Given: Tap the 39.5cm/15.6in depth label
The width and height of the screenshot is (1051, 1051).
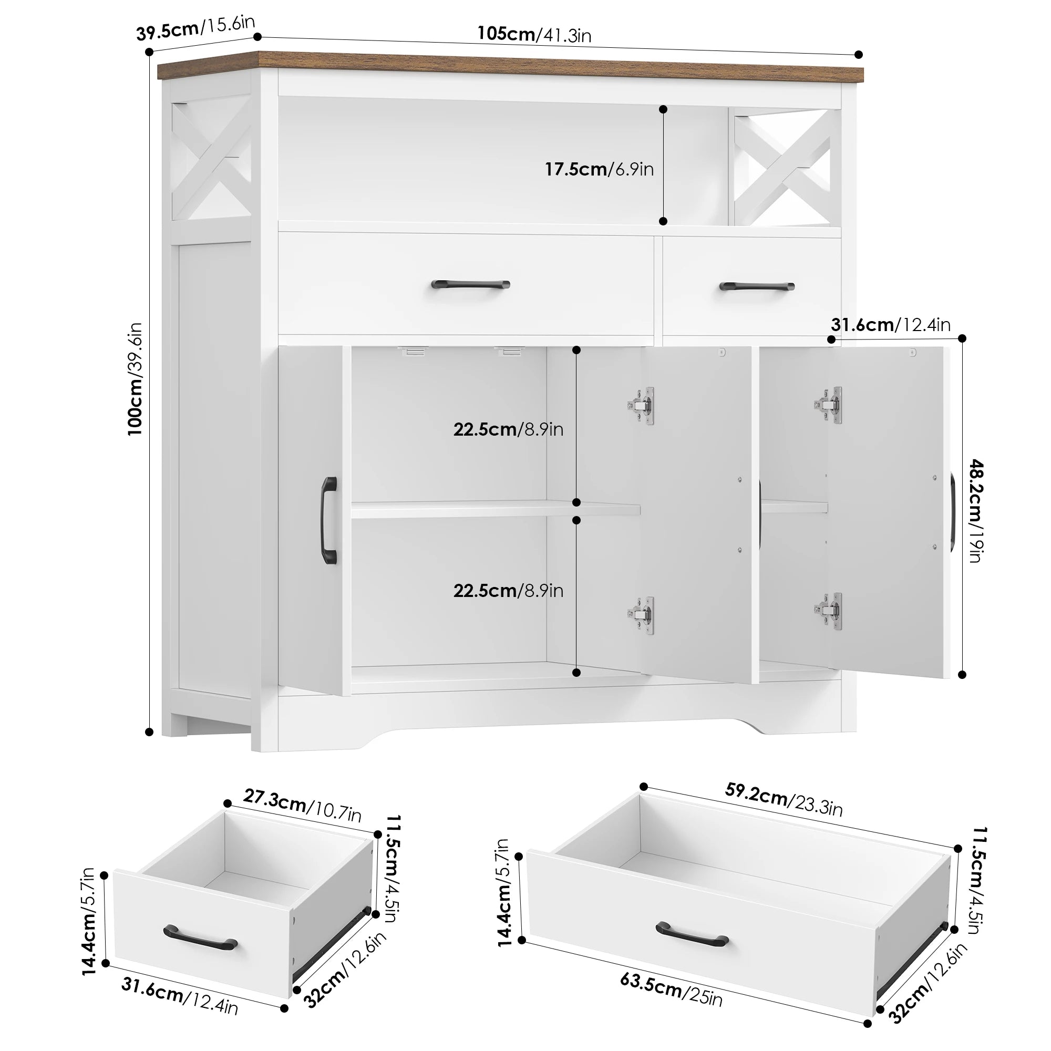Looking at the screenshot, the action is [195, 28].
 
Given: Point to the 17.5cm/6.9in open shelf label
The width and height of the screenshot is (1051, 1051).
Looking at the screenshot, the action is [600, 169].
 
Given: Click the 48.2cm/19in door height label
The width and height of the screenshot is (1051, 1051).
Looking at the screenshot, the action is [976, 511].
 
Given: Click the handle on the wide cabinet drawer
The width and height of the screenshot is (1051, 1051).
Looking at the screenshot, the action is [470, 284].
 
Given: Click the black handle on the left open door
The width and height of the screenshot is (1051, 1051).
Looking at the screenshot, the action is [329, 520].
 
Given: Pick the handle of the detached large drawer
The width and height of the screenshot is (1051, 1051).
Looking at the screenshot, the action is [692, 934].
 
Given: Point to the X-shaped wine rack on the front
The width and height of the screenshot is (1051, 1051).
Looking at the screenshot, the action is [785, 167].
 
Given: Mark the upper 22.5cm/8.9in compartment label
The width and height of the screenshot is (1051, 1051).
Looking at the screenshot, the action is [508, 429].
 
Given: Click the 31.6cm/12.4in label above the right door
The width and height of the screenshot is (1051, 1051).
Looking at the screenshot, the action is [891, 325].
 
